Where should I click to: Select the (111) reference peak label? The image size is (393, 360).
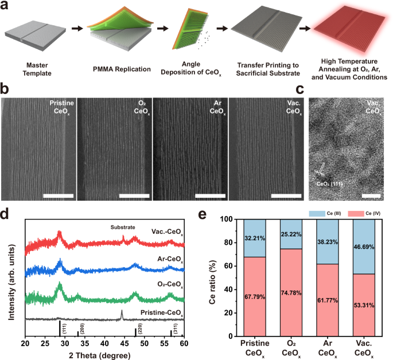64,328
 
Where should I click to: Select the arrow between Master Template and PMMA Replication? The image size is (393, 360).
75,28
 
